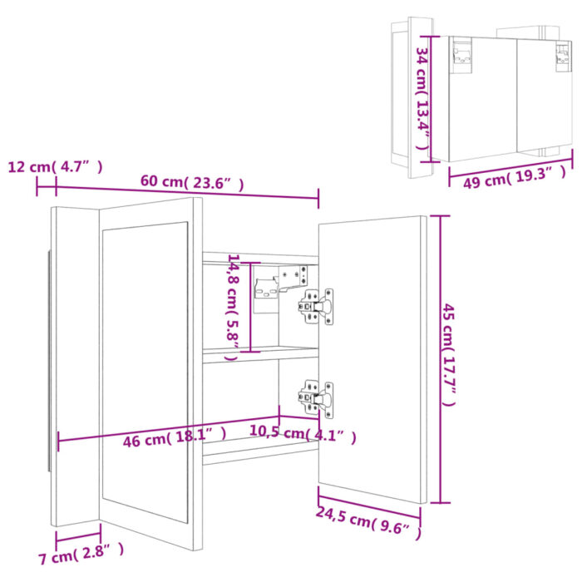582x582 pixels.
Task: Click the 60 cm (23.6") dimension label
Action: pos(191,183)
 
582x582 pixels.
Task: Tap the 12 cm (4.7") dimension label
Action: pos(55,166)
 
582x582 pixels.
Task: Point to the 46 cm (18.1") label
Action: pos(175,441)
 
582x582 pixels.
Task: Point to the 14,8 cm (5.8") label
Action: pos(234,300)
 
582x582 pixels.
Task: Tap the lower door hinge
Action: pos(317,396)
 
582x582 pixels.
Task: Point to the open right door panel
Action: pos(371,358)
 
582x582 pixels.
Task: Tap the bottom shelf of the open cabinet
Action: pos(258,449)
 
